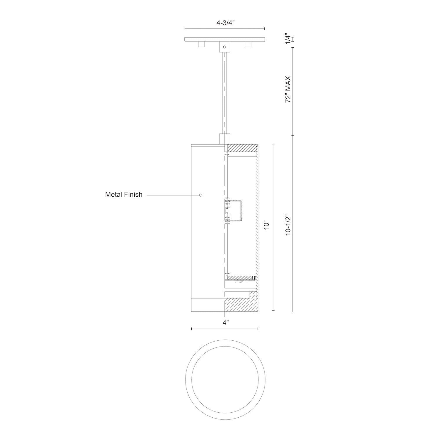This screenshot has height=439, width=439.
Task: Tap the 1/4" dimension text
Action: pyautogui.click(x=288, y=39)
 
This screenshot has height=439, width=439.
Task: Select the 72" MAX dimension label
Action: pyautogui.click(x=288, y=89)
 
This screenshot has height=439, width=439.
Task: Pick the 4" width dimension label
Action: pyautogui.click(x=225, y=323)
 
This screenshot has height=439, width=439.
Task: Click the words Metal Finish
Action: pyautogui.click(x=124, y=194)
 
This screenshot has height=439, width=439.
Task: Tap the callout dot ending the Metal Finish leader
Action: pyautogui.click(x=200, y=195)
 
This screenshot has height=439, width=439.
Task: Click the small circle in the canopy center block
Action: pyautogui.click(x=225, y=47)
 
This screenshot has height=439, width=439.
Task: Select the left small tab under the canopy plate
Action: pyautogui.click(x=201, y=44)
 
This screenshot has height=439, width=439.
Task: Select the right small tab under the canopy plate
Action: pyautogui.click(x=248, y=44)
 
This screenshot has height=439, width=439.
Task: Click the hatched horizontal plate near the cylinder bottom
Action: pyautogui.click(x=241, y=277)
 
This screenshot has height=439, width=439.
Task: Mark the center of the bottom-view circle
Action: pyautogui.click(x=225, y=377)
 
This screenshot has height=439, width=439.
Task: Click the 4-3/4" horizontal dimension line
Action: pyautogui.click(x=224, y=29)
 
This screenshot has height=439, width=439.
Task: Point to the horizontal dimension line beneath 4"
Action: pyautogui.click(x=224, y=329)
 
